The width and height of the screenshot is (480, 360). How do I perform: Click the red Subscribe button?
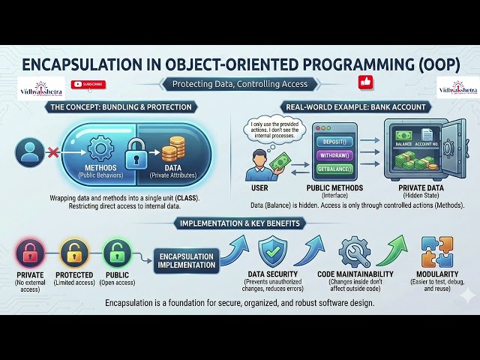pyautogui.click(x=88, y=85)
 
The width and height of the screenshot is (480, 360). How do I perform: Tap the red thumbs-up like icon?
pyautogui.click(x=366, y=82)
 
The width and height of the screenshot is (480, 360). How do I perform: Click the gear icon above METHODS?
pyautogui.click(x=99, y=148)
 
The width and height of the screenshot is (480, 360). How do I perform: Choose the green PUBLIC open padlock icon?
pyautogui.click(x=116, y=253)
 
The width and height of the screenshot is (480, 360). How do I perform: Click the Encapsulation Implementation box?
pyautogui.click(x=187, y=259)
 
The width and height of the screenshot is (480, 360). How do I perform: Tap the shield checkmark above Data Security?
pyautogui.click(x=272, y=252)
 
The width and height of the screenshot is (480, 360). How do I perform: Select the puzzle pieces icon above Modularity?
pyautogui.click(x=436, y=252)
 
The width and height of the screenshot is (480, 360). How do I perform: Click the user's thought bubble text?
pyautogui.click(x=272, y=128)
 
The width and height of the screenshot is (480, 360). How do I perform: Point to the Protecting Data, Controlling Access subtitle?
pyautogui.click(x=240, y=84)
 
